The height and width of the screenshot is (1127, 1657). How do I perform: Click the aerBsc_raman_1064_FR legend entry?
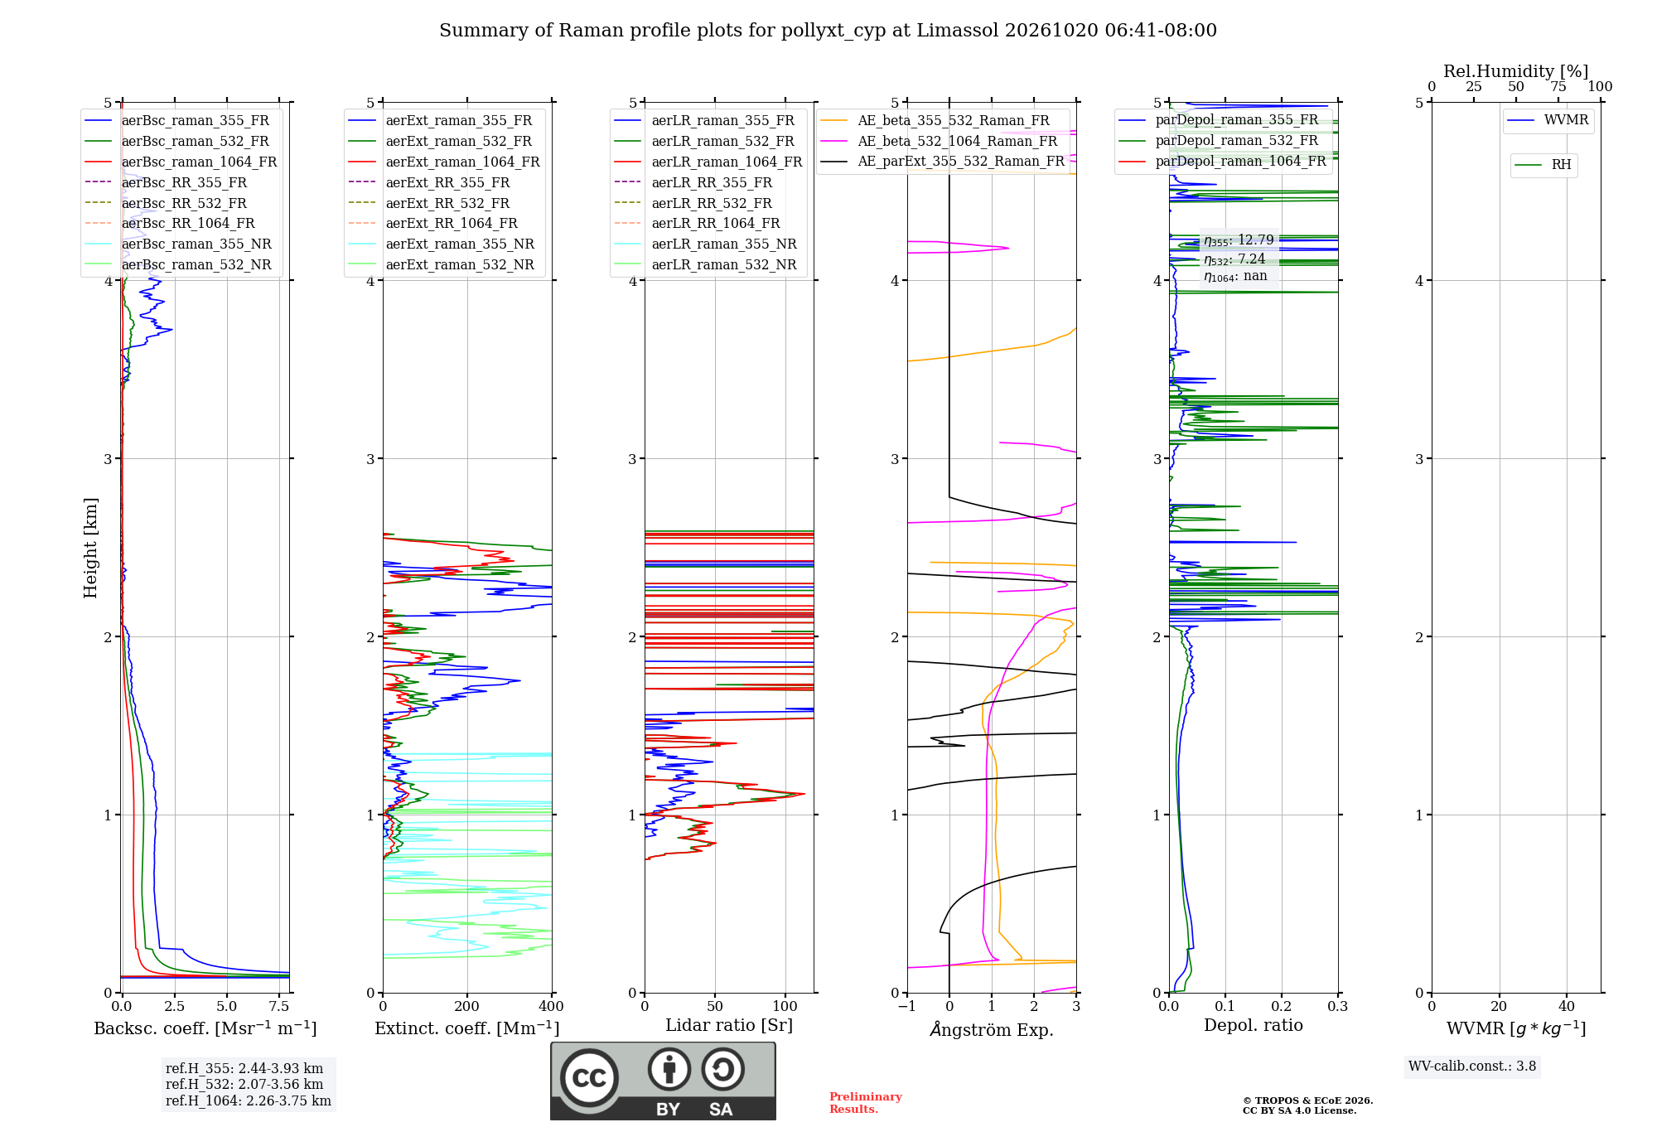point(181,162)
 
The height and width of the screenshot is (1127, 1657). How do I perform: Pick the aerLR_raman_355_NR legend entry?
point(706,244)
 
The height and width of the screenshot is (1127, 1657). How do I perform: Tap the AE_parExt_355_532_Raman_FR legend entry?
point(943,161)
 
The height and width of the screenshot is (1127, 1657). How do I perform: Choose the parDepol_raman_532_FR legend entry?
point(1219,140)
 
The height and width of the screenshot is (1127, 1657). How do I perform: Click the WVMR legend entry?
point(1548,120)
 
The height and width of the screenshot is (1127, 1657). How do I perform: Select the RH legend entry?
point(1543,165)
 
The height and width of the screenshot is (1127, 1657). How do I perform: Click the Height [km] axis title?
point(90,548)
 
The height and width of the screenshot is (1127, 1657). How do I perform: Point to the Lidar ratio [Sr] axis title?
point(729,1025)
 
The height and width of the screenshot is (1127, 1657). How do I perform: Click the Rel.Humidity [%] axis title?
point(1516,71)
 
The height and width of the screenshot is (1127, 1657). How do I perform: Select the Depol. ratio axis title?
point(1254,1025)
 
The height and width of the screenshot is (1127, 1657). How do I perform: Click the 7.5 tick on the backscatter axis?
point(279,1006)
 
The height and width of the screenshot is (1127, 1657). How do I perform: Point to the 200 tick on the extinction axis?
point(467,1006)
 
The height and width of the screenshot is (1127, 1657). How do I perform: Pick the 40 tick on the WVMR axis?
point(1567,1006)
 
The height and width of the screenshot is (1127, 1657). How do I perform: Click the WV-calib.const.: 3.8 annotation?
point(1472,1067)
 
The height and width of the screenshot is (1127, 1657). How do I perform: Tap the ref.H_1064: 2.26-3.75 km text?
point(249,1100)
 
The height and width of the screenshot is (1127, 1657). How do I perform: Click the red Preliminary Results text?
point(866,1103)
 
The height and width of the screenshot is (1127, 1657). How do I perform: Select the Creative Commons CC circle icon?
point(589,1077)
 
